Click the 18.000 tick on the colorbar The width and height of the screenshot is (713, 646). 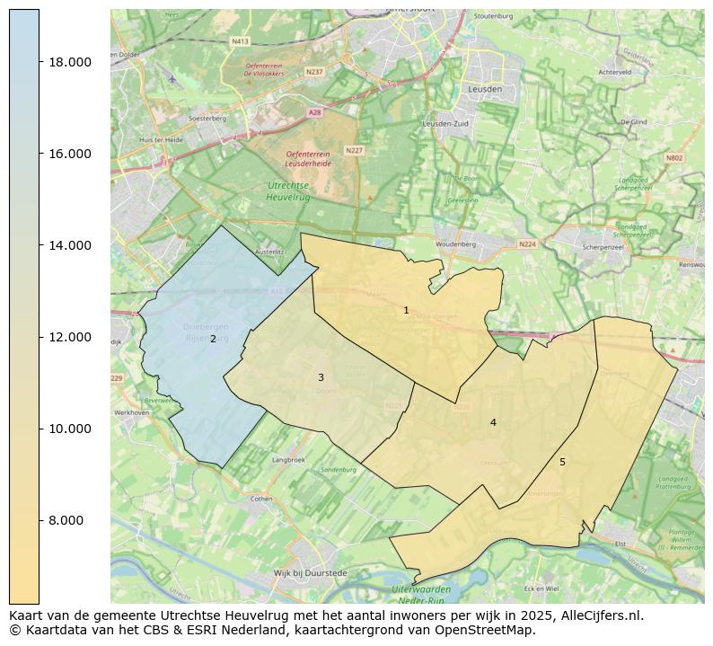pos(69,62)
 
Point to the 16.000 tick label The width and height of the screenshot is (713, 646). pos(69,154)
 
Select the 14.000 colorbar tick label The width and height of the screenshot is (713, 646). pos(69,245)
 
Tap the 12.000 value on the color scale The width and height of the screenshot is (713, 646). pos(69,337)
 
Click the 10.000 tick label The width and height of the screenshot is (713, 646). pos(69,429)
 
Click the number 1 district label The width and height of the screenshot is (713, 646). pos(406,311)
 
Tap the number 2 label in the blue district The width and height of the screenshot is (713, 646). pos(213,340)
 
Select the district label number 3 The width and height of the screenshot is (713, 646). pos(321,378)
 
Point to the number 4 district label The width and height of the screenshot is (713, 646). pos(493,422)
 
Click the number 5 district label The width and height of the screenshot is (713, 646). pos(562,462)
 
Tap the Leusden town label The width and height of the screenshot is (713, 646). pos(486,90)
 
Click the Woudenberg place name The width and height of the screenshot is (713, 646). pos(455,244)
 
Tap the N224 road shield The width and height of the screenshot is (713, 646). pos(527,244)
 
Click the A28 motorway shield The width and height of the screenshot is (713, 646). pos(314,112)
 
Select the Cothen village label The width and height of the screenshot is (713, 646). pos(261,499)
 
